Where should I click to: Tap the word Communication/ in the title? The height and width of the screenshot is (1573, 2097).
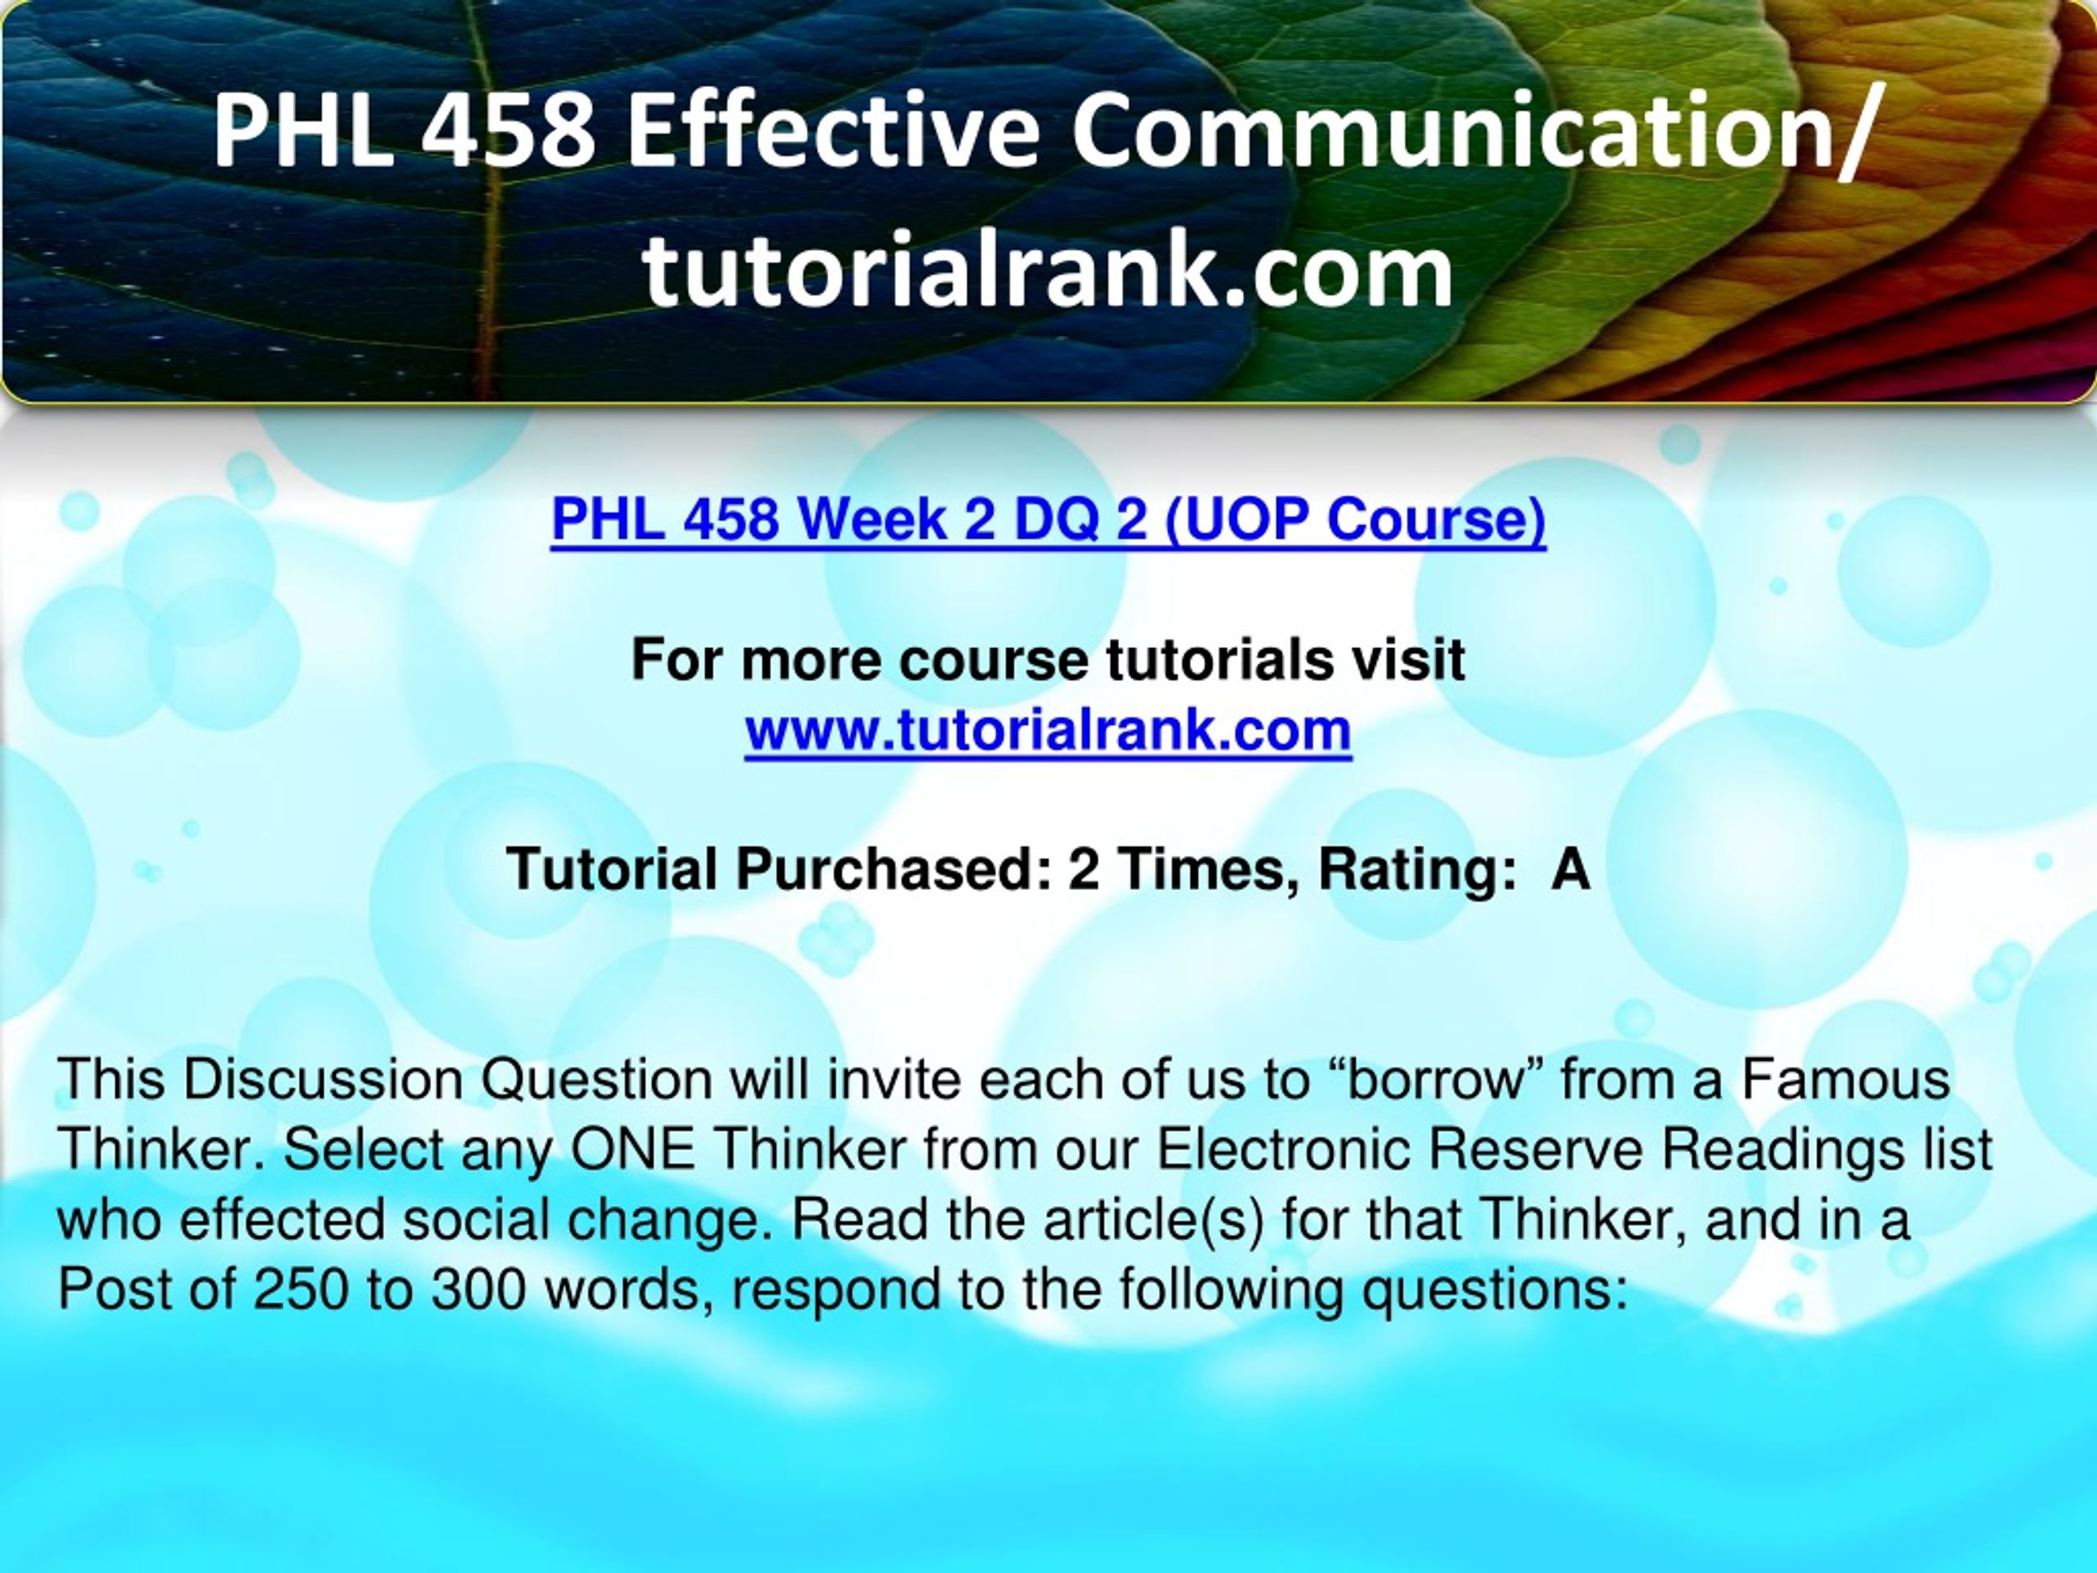pos(1474,133)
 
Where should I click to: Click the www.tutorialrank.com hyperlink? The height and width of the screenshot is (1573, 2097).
pos(1048,731)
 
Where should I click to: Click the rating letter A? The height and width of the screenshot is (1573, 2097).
pos(1571,868)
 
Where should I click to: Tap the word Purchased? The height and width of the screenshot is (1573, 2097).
pos(893,868)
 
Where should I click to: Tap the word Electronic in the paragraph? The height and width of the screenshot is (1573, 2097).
pos(1284,1150)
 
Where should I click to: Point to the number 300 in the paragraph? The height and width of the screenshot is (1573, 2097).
pos(477,1290)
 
